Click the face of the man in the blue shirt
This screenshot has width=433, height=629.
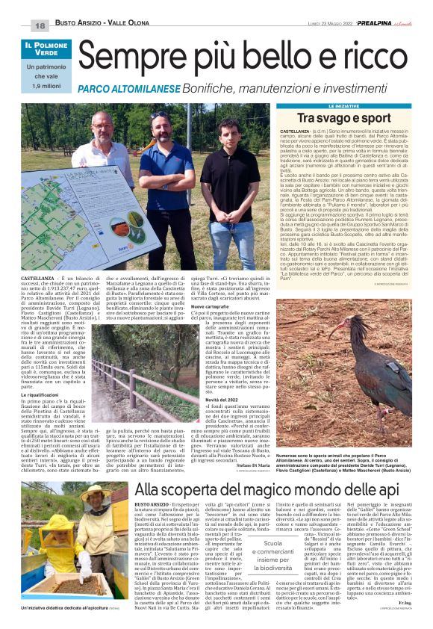(160, 124)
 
